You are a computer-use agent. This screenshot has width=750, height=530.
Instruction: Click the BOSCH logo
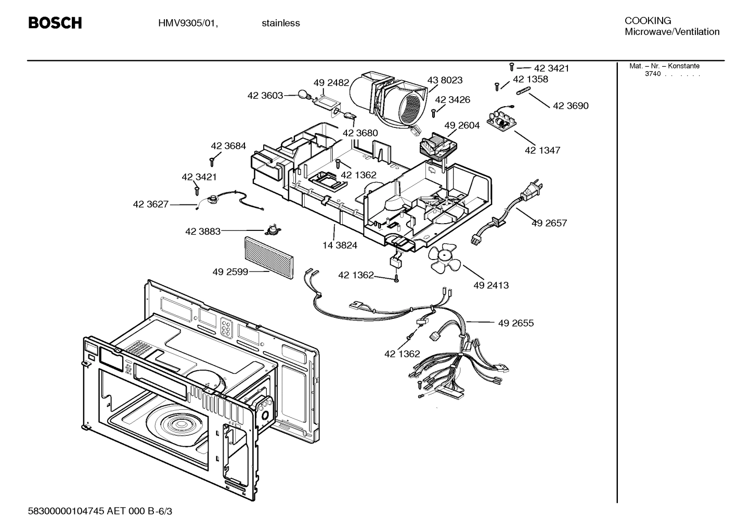55,23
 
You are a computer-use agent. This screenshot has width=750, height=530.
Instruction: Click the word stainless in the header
280,23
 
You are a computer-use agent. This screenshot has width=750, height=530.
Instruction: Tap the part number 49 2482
331,83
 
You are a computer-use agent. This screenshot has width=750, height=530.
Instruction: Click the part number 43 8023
445,80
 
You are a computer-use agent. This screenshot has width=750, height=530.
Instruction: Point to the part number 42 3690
571,106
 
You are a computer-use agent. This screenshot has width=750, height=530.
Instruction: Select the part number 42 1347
542,150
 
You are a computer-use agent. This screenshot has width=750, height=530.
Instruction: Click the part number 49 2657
549,223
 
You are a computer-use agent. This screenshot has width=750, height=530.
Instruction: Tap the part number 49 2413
491,285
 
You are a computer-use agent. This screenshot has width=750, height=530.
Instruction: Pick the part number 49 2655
515,323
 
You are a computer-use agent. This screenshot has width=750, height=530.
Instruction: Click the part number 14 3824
340,245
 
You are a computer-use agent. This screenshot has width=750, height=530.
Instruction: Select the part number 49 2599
230,272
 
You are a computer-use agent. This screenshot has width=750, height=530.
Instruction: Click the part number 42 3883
203,231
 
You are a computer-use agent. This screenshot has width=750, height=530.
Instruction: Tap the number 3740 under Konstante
652,74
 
